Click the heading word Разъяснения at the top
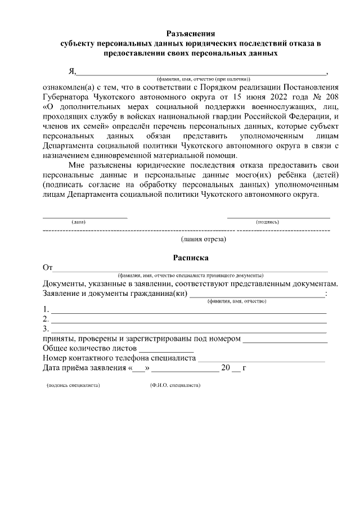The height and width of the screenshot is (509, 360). pos(191,33)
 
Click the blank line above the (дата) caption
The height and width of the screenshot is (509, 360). pos(85,217)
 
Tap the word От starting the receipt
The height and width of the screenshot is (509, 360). pos(48,268)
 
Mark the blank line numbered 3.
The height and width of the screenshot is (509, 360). pos(189,330)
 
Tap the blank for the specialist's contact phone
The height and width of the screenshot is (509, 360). pos(261,360)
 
